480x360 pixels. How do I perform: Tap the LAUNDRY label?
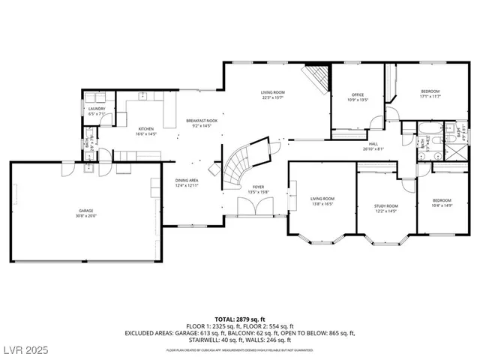pyautogui.click(x=97, y=109)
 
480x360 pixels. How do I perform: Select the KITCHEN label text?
pyautogui.click(x=145, y=129)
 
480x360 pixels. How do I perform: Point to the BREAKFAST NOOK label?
pyautogui.click(x=202, y=121)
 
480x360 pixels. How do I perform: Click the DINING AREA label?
pyautogui.click(x=187, y=181)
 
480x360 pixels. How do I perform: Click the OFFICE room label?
pyautogui.click(x=358, y=94)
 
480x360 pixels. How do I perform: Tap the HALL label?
pyautogui.click(x=372, y=143)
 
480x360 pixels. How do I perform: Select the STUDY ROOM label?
pyautogui.click(x=386, y=205)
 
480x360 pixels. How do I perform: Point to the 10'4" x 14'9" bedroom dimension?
pyautogui.click(x=442, y=205)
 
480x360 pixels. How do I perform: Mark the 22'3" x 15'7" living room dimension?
pyautogui.click(x=273, y=96)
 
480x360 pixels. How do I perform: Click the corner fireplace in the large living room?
pyautogui.click(x=318, y=76)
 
